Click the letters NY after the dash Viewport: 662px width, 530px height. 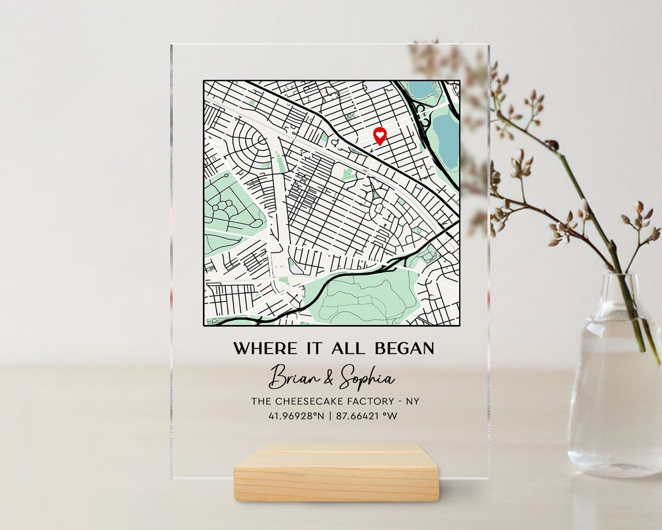pos(413,401)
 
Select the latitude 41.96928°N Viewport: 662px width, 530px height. pos(295,416)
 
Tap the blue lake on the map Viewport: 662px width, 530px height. pos(446,141)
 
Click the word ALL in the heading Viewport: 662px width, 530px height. pos(348,348)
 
